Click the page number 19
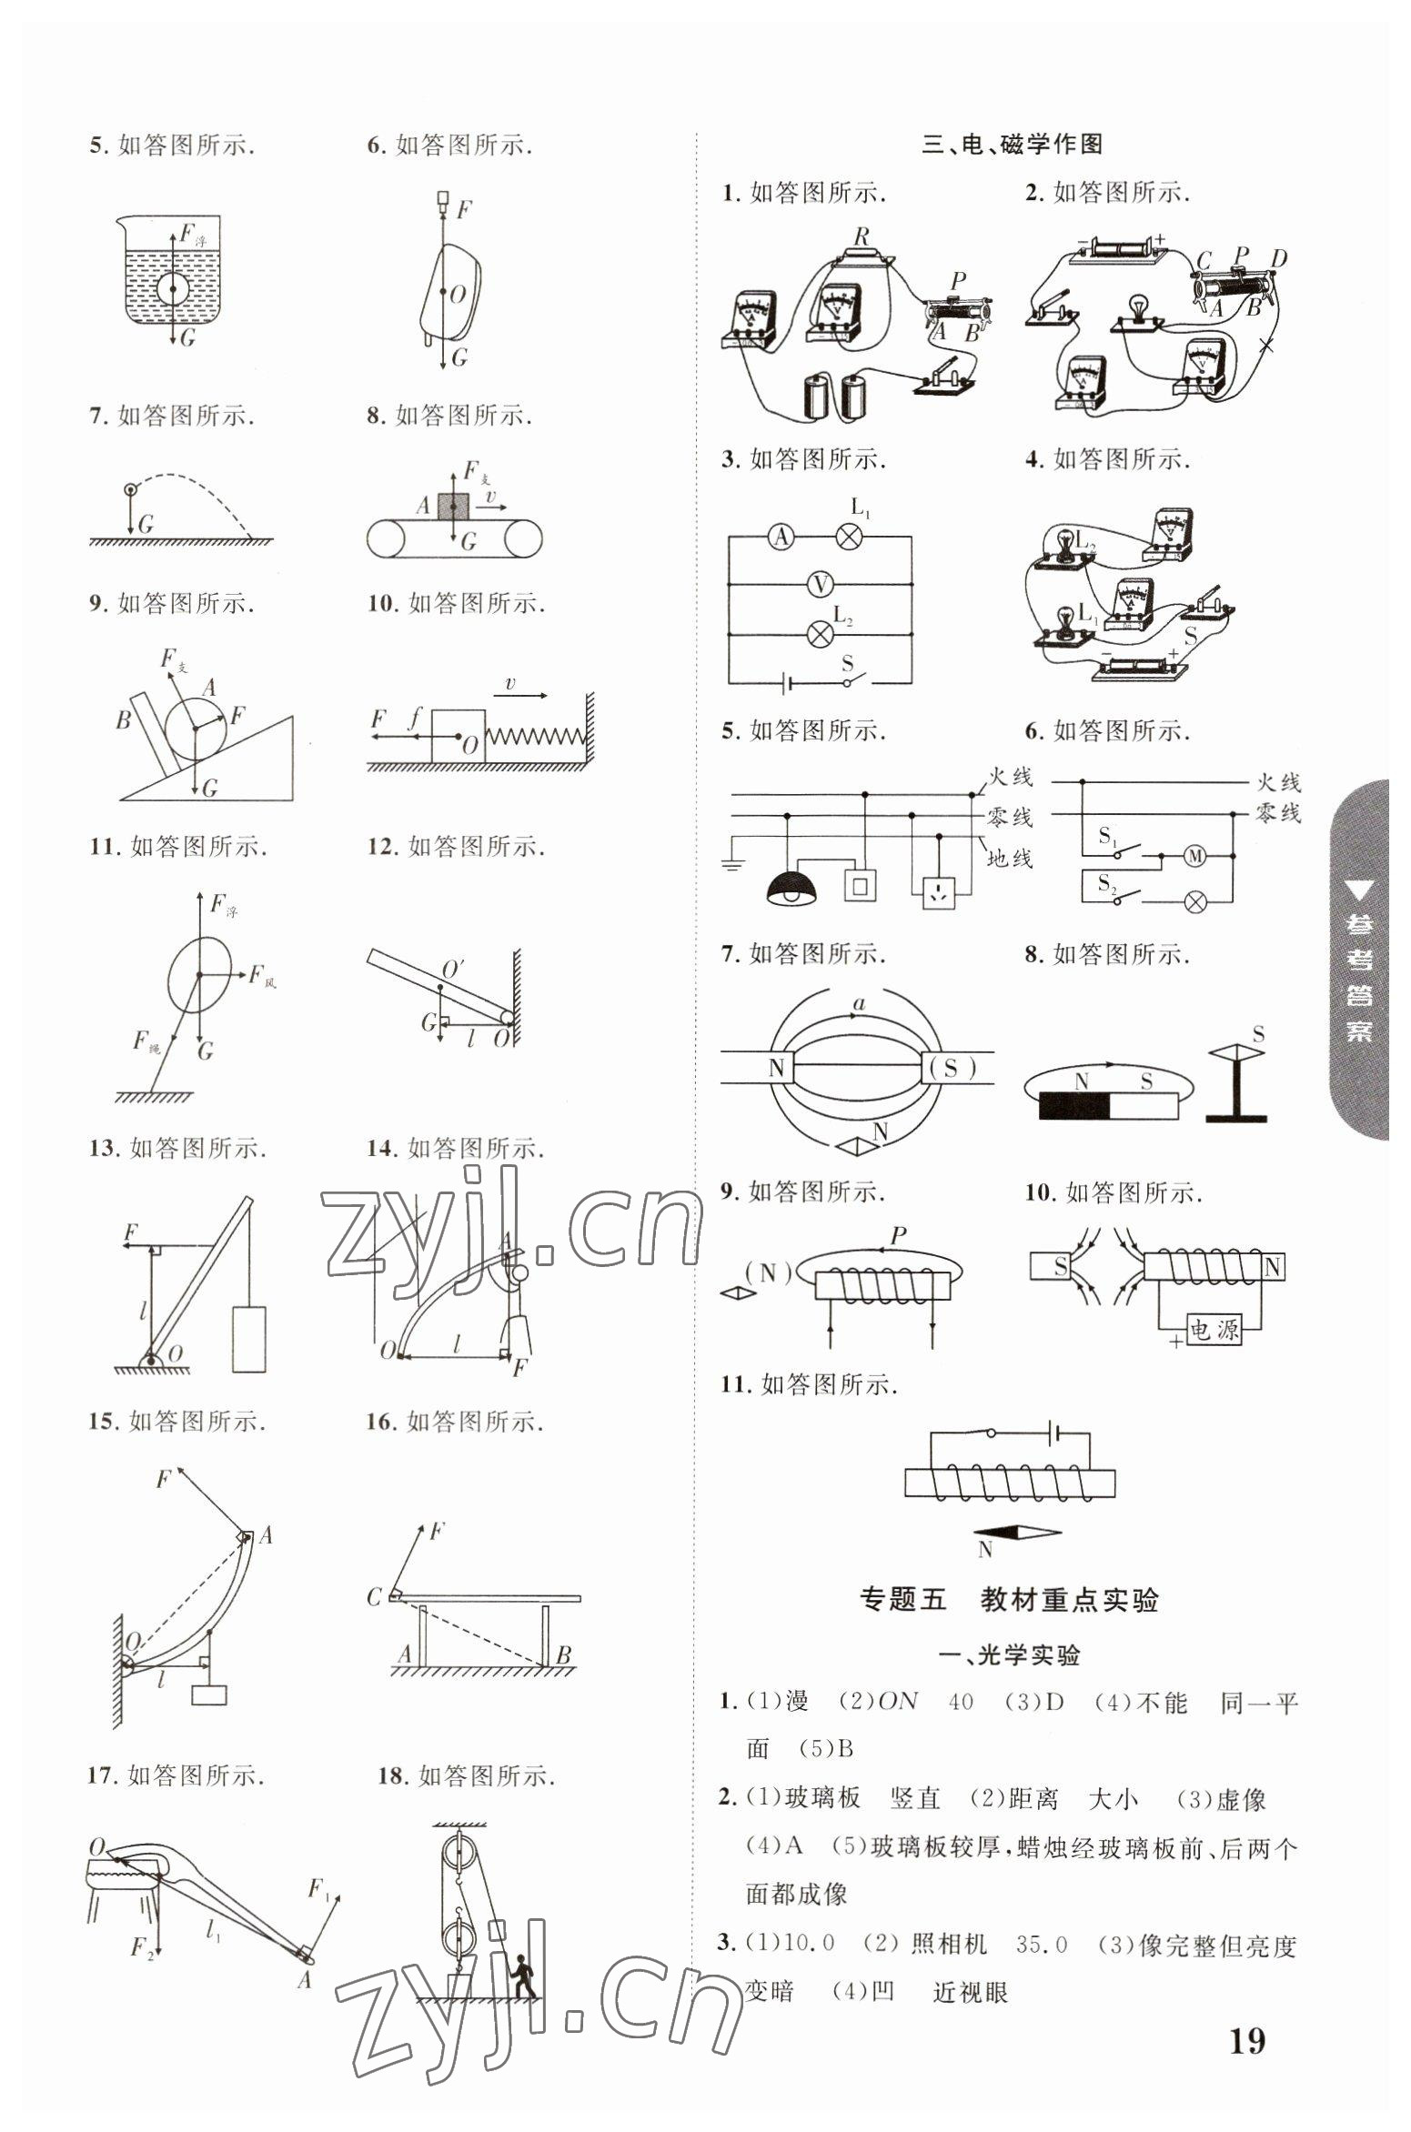point(1246,2016)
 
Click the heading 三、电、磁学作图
point(1013,144)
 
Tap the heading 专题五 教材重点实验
point(1009,1600)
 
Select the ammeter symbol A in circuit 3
point(780,538)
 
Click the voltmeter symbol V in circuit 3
point(820,584)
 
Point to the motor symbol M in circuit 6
point(1194,855)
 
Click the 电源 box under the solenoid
point(1214,1331)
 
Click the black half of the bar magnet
point(1074,1105)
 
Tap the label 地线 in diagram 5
point(1011,857)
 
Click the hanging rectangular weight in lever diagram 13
point(249,1339)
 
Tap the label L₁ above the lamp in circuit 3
point(860,508)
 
